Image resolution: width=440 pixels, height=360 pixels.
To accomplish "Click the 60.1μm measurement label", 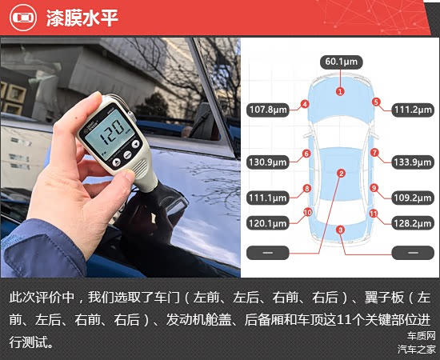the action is (x=342, y=62).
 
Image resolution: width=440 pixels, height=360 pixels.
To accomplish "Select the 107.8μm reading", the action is (x=268, y=110).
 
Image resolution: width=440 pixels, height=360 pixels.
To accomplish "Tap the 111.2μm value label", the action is (x=413, y=110).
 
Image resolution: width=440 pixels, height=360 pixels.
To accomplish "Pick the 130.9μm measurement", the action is (x=268, y=162).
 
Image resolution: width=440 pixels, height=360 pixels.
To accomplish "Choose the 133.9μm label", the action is (x=413, y=162).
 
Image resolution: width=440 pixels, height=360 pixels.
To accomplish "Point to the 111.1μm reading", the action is (x=268, y=198).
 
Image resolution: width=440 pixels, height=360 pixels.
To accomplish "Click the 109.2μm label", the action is (x=413, y=198).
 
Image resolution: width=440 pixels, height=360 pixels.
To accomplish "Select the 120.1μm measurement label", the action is (x=268, y=223).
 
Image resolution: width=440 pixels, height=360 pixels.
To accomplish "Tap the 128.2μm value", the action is (x=413, y=223).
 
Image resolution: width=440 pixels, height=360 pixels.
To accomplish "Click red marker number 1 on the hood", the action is (x=340, y=91).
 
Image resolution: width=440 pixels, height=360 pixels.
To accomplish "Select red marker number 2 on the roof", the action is (x=342, y=174).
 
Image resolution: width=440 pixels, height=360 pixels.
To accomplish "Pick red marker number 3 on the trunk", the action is (x=340, y=230).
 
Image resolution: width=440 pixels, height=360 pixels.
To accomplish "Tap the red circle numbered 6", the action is (x=306, y=154).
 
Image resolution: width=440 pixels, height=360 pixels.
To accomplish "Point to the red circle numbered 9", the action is (x=374, y=188).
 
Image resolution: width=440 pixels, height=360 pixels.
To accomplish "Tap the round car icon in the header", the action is (x=23, y=18).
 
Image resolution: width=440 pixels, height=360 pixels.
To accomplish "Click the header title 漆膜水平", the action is (x=82, y=18).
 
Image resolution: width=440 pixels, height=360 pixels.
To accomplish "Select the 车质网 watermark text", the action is (x=421, y=335).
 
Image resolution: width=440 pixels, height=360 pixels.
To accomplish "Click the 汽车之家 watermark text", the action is (x=417, y=350).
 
